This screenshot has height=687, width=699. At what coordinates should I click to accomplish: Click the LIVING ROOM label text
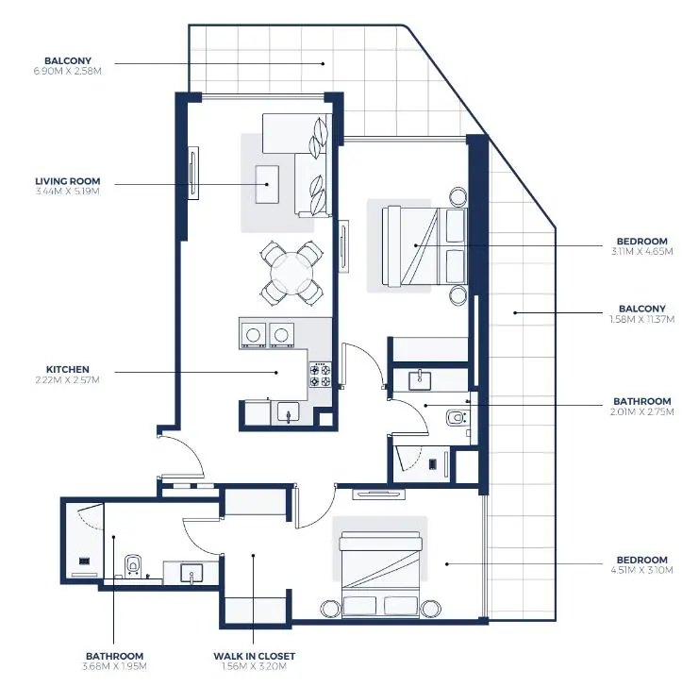(x=67, y=180)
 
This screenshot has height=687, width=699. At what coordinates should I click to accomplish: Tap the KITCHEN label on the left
(x=67, y=369)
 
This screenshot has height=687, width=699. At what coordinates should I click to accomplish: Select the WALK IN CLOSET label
(x=254, y=656)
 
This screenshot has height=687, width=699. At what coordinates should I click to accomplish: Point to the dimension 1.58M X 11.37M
(x=641, y=319)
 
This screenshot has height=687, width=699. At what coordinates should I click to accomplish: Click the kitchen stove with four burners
(x=320, y=377)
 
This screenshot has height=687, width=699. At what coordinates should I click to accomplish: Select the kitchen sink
(x=287, y=411)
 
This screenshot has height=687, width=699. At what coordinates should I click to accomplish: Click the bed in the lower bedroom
(x=380, y=574)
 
